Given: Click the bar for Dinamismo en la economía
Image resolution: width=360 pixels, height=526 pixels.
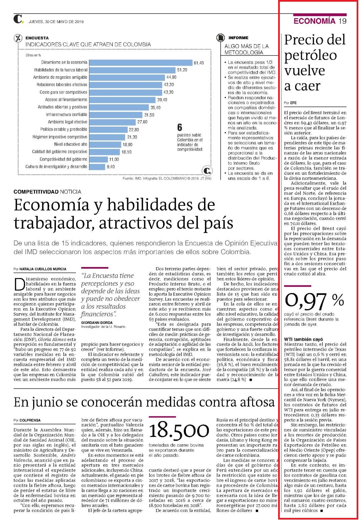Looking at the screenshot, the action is (x=141, y=63).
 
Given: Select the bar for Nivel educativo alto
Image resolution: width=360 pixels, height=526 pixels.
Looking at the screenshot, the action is (x=105, y=145).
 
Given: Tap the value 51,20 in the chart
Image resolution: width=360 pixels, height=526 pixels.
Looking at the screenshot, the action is (x=182, y=70).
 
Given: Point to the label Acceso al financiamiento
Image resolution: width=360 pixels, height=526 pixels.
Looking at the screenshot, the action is (x=66, y=100).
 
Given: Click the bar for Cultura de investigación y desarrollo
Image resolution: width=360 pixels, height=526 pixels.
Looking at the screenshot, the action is (x=97, y=167).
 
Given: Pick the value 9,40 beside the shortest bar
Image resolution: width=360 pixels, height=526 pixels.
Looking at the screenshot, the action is (x=111, y=167).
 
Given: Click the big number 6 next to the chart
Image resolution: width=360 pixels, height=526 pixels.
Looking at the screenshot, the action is (x=180, y=127).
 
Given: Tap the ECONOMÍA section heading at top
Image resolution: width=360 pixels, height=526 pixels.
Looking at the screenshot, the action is (x=314, y=21).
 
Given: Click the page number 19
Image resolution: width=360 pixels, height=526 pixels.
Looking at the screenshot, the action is (x=342, y=21).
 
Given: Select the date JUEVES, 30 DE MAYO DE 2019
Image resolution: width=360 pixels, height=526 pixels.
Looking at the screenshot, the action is (x=56, y=22).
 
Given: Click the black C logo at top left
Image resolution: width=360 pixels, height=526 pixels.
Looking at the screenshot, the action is (x=18, y=19).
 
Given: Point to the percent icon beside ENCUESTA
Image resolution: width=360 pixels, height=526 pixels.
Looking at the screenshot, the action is (x=18, y=38).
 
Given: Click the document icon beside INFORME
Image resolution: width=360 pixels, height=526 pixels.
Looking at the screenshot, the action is (x=221, y=38).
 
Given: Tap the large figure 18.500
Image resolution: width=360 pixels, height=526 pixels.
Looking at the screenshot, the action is (x=179, y=430).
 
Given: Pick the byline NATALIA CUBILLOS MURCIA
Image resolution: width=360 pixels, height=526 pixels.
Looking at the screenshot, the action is (x=43, y=269).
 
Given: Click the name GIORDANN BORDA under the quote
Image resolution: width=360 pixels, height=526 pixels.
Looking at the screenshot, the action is (x=97, y=323).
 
